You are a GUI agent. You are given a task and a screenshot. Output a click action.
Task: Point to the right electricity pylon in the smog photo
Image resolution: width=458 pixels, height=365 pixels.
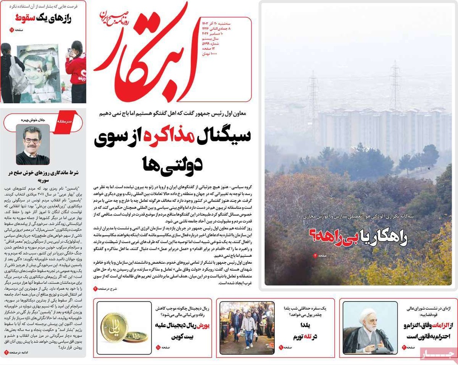(395, 85)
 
